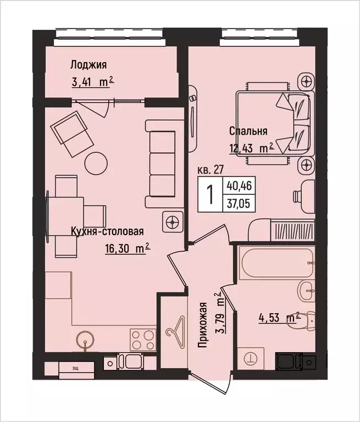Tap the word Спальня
248,131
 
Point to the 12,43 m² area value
252,148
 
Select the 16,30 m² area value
127,248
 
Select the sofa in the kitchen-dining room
163,163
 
